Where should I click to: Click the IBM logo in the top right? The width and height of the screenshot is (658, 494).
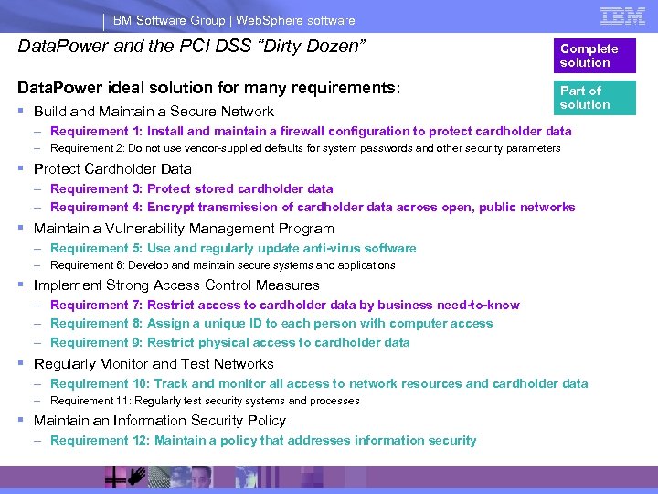pyautogui.click(x=622, y=16)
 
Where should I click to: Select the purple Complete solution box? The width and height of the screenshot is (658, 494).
pyautogui.click(x=598, y=56)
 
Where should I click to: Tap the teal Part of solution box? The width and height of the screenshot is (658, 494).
pyautogui.click(x=598, y=98)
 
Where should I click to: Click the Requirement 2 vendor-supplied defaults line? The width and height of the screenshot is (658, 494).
pyautogui.click(x=305, y=148)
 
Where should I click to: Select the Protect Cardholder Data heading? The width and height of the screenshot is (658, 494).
pyautogui.click(x=112, y=169)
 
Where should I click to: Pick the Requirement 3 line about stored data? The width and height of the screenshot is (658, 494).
pyautogui.click(x=192, y=188)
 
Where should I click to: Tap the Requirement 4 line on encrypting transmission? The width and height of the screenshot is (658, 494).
pyautogui.click(x=313, y=207)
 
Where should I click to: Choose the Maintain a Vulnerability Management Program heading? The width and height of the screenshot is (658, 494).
pyautogui.click(x=184, y=229)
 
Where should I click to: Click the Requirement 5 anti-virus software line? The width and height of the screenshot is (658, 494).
pyautogui.click(x=233, y=248)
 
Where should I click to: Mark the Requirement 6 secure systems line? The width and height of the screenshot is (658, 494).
pyautogui.click(x=223, y=265)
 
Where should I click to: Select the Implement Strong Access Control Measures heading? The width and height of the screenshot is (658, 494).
pyautogui.click(x=176, y=285)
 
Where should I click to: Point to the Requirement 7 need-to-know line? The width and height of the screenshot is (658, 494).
pyautogui.click(x=285, y=305)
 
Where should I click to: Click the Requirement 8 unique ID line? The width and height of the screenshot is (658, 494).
pyautogui.click(x=271, y=323)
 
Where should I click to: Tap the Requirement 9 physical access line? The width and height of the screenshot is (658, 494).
pyautogui.click(x=230, y=342)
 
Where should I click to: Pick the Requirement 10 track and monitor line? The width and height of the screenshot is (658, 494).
pyautogui.click(x=319, y=383)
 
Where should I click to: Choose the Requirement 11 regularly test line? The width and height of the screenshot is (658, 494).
pyautogui.click(x=205, y=401)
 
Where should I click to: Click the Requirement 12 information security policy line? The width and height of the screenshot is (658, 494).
pyautogui.click(x=263, y=440)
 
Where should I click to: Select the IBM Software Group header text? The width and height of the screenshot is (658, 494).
pyautogui.click(x=233, y=20)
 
